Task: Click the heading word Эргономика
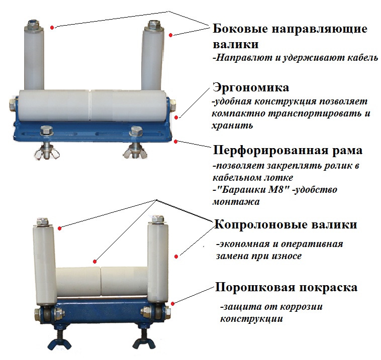251,88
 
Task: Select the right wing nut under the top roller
135,151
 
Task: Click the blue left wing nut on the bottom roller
59,342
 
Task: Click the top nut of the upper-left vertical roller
33,25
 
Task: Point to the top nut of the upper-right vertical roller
153,25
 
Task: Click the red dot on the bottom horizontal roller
95,262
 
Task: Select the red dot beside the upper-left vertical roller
52,28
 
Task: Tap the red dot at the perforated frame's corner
176,141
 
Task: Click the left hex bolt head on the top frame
47,131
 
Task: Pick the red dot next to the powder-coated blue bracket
172,304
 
